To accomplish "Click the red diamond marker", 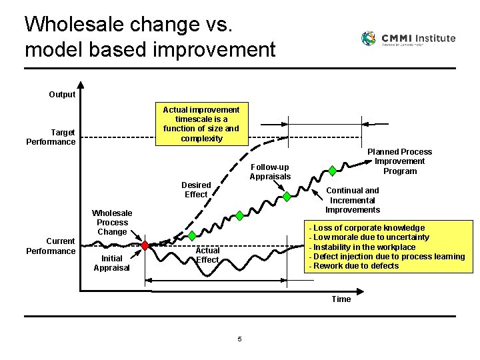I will [145, 245].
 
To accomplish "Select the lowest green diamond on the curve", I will [240, 215].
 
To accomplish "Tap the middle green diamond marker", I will [287, 196].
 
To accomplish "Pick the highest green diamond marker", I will [333, 171].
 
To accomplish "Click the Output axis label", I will [62, 95].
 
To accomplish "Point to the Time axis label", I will [341, 299].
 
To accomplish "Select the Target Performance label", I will [51, 137].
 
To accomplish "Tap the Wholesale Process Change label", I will [112, 223].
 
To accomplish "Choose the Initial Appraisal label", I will [112, 263].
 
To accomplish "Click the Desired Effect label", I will [196, 190].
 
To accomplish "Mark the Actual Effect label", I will [207, 255].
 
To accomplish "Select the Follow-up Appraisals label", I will [270, 172].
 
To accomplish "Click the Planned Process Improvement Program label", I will [399, 161].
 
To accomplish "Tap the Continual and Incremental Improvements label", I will [353, 200].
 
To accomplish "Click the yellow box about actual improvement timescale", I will [201, 124].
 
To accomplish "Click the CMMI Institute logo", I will [408, 39].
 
